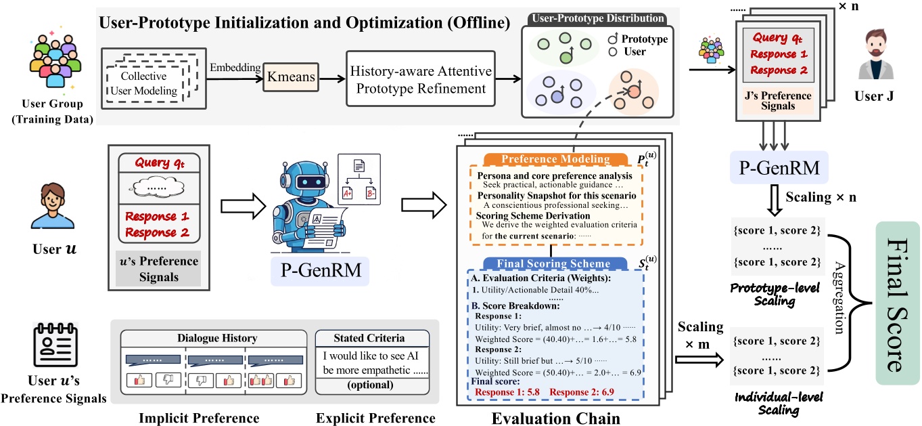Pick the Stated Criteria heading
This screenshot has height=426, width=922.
click(369, 337)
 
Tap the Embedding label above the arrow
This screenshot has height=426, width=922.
click(235, 68)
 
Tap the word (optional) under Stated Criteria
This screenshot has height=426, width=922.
click(370, 384)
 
